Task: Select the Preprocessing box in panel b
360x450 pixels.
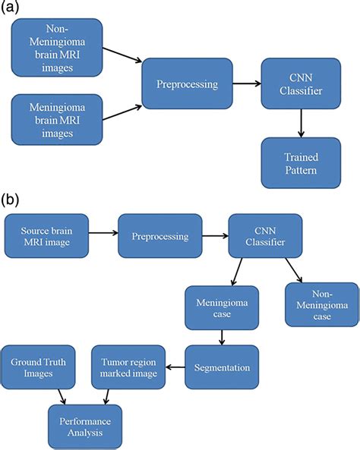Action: pyautogui.click(x=159, y=235)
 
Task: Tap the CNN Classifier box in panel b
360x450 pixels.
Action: pyautogui.click(x=264, y=235)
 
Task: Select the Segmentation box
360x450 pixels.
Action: pyautogui.click(x=222, y=367)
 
